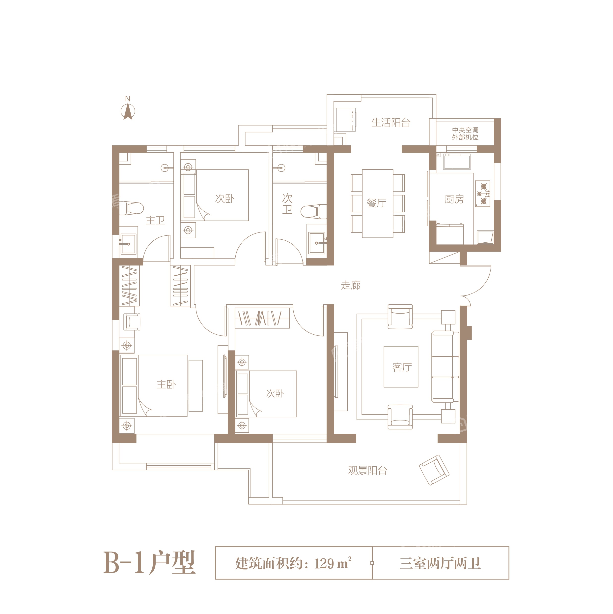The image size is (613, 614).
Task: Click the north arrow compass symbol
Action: (128, 111)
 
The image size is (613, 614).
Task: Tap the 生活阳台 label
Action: (391, 122)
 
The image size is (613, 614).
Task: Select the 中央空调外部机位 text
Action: (465, 133)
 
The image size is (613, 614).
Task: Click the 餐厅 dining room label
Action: (377, 203)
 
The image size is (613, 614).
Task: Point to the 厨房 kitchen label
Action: (454, 199)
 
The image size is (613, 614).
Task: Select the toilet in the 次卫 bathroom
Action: (314, 212)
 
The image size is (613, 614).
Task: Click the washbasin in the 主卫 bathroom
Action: (128, 244)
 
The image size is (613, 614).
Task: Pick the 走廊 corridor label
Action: (351, 285)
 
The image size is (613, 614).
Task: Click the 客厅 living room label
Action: (402, 367)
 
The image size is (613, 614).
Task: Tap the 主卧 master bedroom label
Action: (166, 384)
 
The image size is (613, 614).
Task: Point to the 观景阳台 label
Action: (368, 470)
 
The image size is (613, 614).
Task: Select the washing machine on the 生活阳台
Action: (345, 120)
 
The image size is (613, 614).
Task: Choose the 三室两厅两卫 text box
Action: (440, 563)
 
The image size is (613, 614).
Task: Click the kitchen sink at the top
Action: (457, 162)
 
